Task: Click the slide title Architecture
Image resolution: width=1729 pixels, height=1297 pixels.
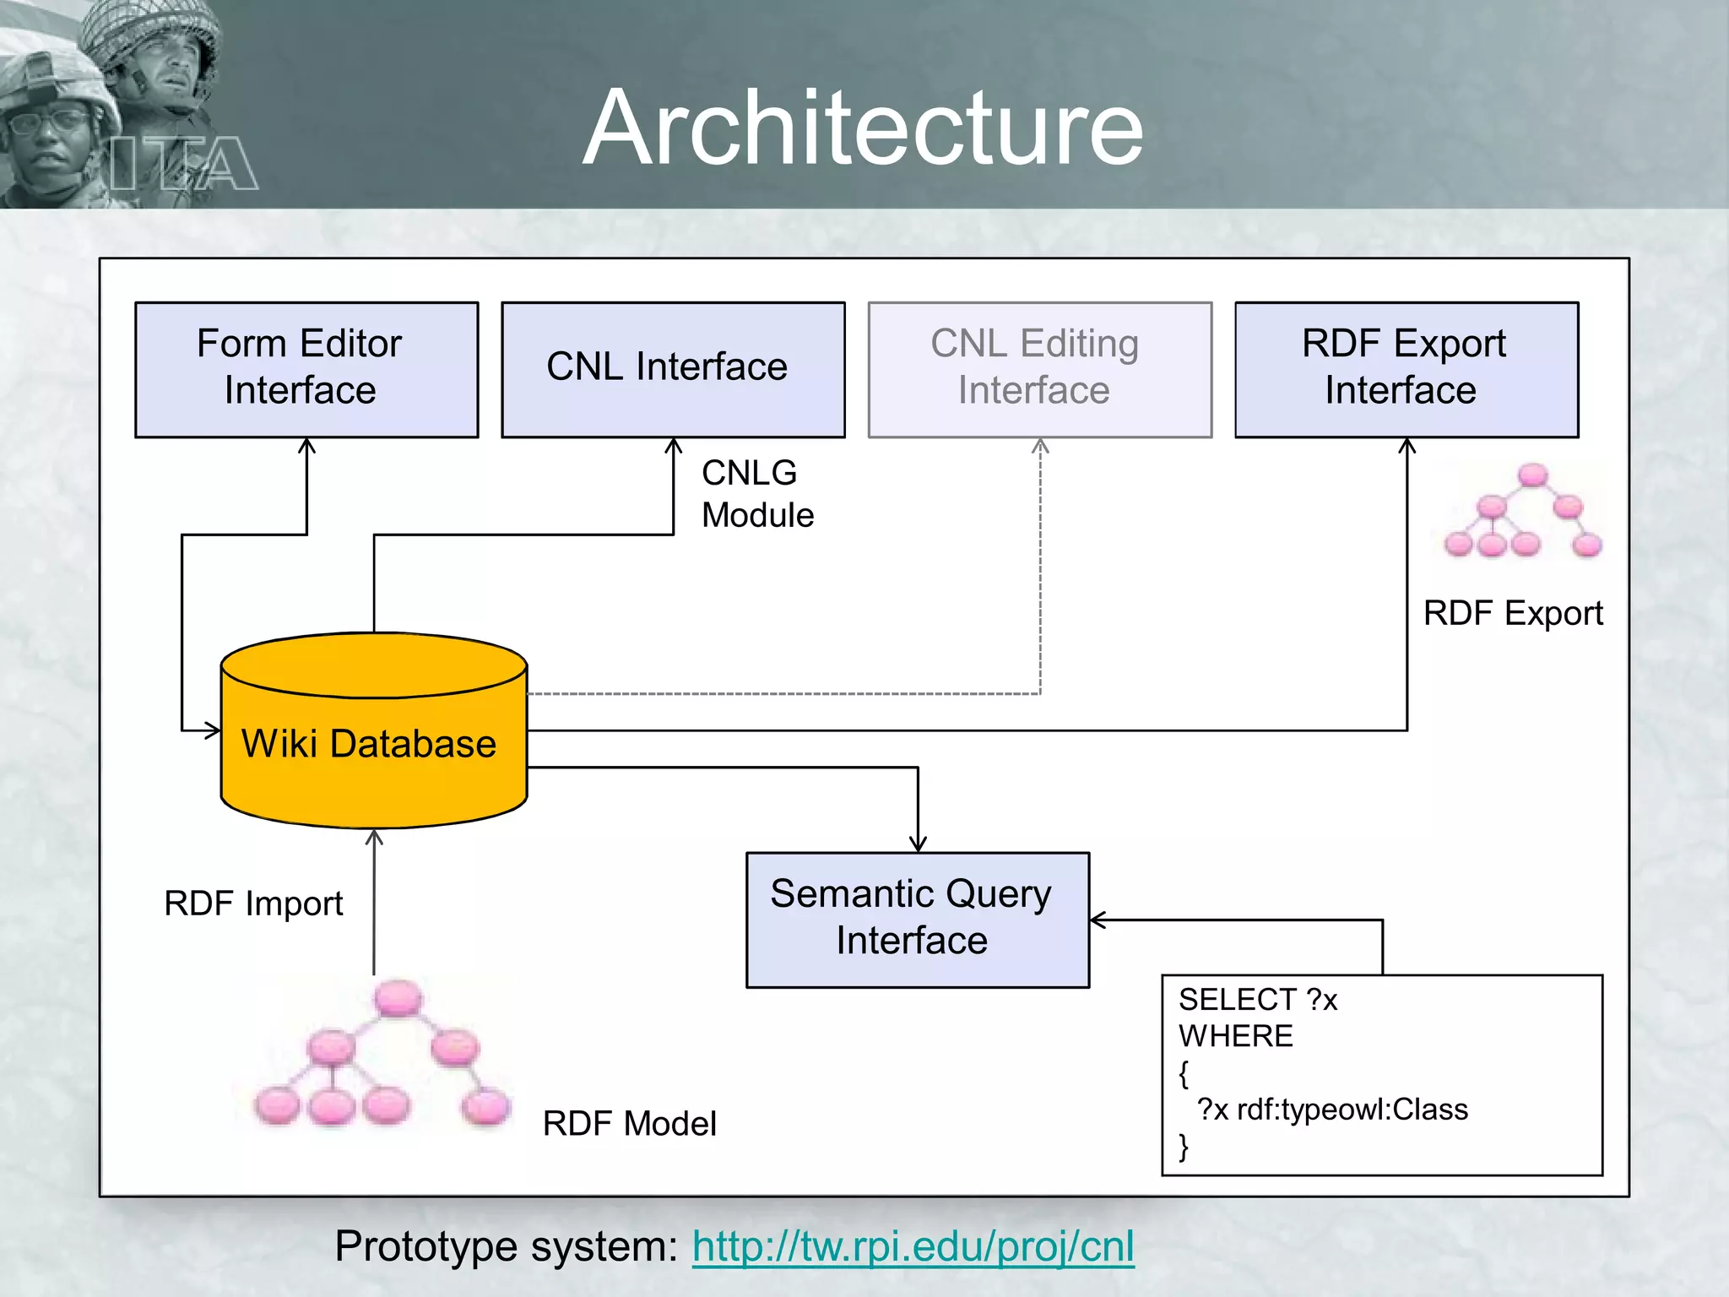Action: click(863, 128)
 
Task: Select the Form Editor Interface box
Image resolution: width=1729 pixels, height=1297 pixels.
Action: click(306, 369)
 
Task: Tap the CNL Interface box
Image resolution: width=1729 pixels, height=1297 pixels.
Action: click(673, 369)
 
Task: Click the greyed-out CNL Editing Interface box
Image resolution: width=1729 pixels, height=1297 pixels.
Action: click(1039, 369)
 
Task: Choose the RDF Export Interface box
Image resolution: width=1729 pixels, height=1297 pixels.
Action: click(1406, 369)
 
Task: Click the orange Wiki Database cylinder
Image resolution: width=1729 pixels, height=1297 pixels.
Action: click(372, 744)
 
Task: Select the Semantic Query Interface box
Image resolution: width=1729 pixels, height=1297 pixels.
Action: click(917, 919)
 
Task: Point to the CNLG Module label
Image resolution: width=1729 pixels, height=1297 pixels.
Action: click(756, 494)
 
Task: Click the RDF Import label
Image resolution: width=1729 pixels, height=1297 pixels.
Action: click(253, 904)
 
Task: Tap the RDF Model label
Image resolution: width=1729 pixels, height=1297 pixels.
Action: click(629, 1124)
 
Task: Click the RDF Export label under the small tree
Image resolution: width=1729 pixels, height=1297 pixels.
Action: click(1512, 613)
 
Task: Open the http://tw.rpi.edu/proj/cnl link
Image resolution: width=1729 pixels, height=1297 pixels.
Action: click(913, 1246)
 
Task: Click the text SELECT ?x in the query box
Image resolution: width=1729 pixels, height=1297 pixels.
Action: click(1257, 1000)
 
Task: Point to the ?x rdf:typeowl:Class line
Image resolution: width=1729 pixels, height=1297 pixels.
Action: click(1331, 1110)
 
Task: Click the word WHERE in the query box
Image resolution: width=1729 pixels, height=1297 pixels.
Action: click(1235, 1036)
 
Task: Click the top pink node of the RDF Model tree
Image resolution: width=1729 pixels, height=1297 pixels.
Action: click(397, 999)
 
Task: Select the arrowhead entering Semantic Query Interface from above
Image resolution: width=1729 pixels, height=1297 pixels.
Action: click(918, 844)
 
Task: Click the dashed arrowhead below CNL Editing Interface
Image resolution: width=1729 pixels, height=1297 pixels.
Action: click(1040, 447)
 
